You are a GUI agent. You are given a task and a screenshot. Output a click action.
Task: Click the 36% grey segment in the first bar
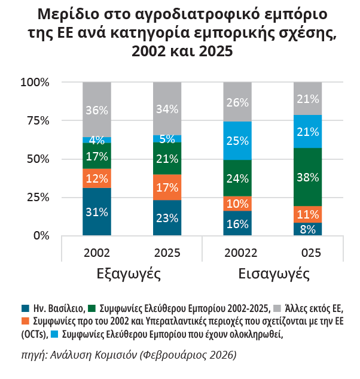(x=97, y=110)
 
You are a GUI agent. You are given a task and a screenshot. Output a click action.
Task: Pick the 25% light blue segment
(x=238, y=141)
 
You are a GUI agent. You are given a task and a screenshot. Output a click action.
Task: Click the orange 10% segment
(x=238, y=204)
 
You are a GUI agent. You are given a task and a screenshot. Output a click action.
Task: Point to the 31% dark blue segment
(x=97, y=211)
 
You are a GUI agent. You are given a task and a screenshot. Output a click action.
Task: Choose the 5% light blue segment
(x=167, y=139)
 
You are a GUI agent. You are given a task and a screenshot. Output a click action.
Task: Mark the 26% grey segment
(x=238, y=102)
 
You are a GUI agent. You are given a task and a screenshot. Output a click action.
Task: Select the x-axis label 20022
(x=238, y=253)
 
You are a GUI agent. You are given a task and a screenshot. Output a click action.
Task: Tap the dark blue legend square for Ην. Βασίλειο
(x=25, y=308)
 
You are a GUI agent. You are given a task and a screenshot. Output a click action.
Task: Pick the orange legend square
(x=25, y=322)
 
